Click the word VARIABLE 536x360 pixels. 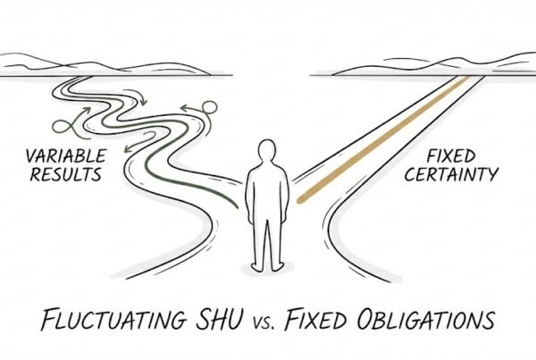[66, 156]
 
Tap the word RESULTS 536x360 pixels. [66, 174]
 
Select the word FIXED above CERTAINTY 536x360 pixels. [451, 156]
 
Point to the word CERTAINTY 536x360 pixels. [451, 174]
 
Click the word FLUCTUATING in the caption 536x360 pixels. [113, 320]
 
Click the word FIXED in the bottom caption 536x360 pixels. [316, 319]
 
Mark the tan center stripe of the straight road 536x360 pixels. [383, 139]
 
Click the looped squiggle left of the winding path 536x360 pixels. [70, 125]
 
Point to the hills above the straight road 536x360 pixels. [434, 64]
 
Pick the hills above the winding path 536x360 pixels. [103, 64]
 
